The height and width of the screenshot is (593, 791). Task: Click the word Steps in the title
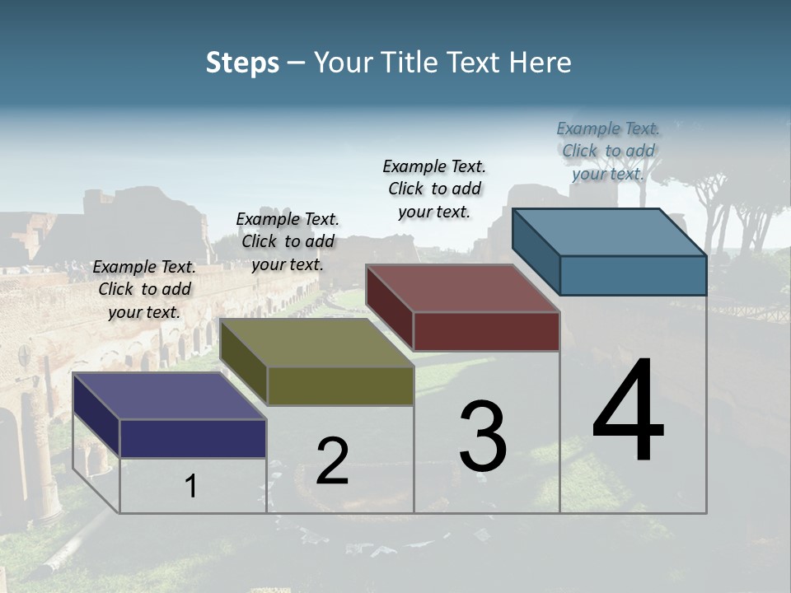(x=242, y=63)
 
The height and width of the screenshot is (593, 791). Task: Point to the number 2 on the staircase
(x=332, y=461)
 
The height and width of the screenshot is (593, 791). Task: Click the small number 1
(x=191, y=487)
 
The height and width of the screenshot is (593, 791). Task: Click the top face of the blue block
(x=610, y=232)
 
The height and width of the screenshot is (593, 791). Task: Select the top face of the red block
(x=463, y=288)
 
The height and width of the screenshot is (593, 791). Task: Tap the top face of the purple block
(x=170, y=396)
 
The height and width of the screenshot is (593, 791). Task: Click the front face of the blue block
(x=633, y=275)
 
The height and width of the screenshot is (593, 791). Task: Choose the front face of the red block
(x=486, y=331)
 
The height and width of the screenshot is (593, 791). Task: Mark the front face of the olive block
(x=340, y=385)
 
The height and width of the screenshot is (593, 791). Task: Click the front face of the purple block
(x=193, y=438)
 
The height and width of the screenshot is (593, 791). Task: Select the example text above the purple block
(x=144, y=289)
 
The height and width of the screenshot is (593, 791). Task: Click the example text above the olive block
(x=288, y=241)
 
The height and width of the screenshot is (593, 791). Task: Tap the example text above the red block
(x=434, y=189)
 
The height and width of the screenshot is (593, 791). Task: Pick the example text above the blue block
(x=608, y=151)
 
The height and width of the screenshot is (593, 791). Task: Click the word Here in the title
(x=541, y=63)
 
